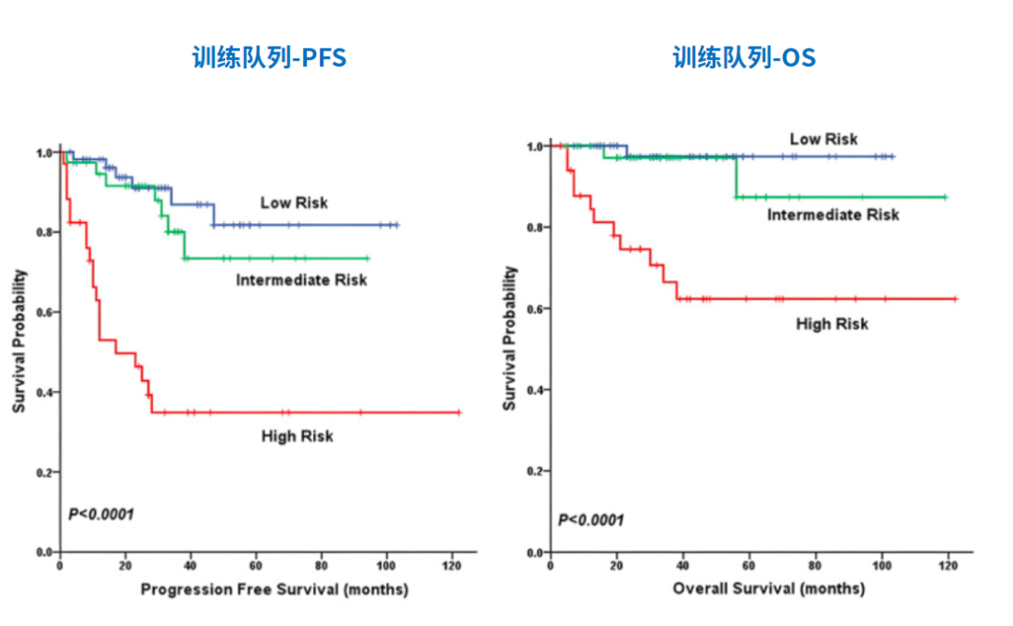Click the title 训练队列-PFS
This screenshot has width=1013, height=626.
click(x=269, y=58)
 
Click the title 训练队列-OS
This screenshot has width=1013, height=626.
click(x=744, y=58)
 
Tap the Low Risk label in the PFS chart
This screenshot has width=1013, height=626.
click(x=294, y=202)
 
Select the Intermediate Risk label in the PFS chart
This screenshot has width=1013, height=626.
click(x=301, y=280)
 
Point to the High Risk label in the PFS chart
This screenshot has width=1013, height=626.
click(x=297, y=436)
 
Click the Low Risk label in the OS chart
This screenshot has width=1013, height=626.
click(x=824, y=140)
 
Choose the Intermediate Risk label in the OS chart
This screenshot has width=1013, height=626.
click(x=833, y=216)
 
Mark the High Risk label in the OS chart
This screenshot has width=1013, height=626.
click(x=832, y=324)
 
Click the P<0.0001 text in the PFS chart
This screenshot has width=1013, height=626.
click(x=101, y=514)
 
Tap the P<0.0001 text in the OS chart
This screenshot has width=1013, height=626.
click(x=591, y=520)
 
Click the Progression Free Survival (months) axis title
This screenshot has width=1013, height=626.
click(x=274, y=589)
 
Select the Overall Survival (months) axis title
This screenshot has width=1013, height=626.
click(x=768, y=589)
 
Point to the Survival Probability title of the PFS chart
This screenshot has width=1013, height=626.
click(x=20, y=342)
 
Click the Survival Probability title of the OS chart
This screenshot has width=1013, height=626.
click(x=510, y=338)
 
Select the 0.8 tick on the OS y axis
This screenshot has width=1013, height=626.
click(x=536, y=228)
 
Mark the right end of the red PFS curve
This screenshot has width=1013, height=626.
click(x=460, y=412)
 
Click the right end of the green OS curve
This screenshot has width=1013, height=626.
click(x=945, y=197)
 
